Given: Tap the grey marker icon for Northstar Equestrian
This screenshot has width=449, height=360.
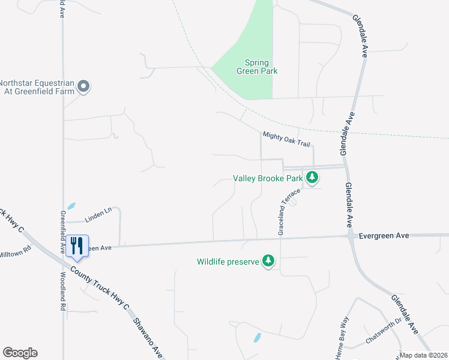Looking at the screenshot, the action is point(84,87).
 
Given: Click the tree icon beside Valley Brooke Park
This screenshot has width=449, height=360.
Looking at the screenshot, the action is point(312,178).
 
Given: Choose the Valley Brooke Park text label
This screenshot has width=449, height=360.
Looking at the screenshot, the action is point(268,178).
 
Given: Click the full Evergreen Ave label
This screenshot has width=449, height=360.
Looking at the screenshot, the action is point(384,236).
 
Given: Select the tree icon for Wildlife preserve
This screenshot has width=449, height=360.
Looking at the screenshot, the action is point(270,261).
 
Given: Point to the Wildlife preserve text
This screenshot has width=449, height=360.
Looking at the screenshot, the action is point(228,262).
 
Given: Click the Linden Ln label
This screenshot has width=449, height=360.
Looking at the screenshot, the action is point(98,211).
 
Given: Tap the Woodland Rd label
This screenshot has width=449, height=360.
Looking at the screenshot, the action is point(63,290).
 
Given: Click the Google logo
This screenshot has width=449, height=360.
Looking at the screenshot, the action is point(20,353).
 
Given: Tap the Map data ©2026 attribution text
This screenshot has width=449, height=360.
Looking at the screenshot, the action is point(424,355).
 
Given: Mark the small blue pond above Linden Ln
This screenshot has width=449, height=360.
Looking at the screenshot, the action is point(71,205).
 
